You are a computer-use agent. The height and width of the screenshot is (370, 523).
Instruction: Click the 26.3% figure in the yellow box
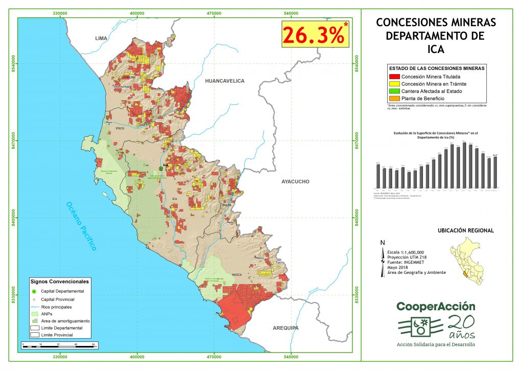[x=313, y=35]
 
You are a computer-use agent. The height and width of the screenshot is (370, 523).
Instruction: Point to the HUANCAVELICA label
[x=224, y=81]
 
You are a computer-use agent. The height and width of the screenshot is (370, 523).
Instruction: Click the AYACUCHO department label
[x=295, y=181]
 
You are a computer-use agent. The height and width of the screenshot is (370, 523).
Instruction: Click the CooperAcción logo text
[x=436, y=307]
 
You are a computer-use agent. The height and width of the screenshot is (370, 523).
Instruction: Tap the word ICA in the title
[x=436, y=50]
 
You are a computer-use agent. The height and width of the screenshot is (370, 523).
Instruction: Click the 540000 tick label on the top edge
[x=291, y=13]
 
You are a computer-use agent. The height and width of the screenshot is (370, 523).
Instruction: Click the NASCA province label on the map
[x=237, y=274]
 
